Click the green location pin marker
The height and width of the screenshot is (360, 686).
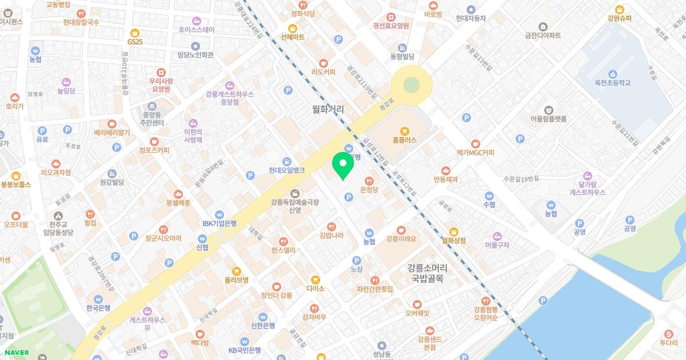(x=342, y=166)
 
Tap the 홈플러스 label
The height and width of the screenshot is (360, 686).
(x=405, y=139)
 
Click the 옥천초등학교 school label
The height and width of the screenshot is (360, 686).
(x=612, y=83)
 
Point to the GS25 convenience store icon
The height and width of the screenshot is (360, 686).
(x=135, y=33)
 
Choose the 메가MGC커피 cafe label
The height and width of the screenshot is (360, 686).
(x=475, y=153)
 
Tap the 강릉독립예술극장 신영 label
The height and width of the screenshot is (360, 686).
(x=294, y=206)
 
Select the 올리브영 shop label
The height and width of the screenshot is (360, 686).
(x=236, y=280)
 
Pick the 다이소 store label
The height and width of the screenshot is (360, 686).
(x=315, y=289)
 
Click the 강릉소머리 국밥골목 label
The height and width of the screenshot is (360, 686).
(x=428, y=273)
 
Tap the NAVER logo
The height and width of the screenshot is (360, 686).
(x=15, y=353)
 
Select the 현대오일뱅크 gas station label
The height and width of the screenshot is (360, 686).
(x=287, y=170)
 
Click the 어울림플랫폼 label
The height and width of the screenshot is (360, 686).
(x=548, y=119)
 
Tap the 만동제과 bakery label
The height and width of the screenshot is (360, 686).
(x=446, y=179)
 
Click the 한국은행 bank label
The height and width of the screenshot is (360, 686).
(x=98, y=307)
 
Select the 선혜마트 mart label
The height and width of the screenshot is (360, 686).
(x=293, y=37)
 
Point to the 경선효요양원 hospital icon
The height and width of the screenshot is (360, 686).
(x=391, y=17)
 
